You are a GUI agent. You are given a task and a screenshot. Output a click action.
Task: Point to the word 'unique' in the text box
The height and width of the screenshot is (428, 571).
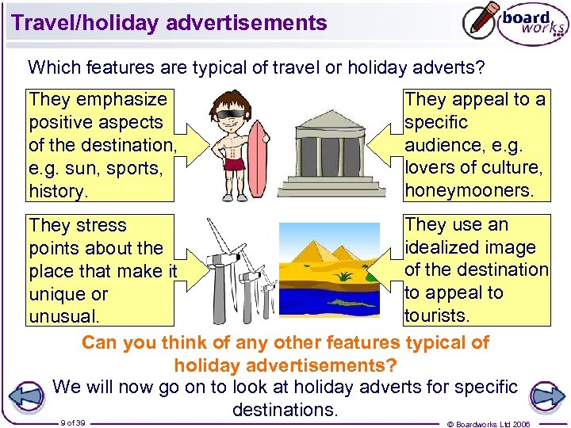pyautogui.click(x=56, y=294)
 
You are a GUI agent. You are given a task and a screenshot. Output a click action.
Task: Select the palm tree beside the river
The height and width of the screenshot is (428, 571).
pyautogui.click(x=344, y=277)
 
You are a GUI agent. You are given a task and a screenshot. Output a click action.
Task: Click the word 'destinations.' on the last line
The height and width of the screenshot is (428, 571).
pyautogui.click(x=285, y=410)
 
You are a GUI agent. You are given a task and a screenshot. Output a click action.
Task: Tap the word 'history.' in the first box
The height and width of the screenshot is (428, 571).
pyautogui.click(x=56, y=191)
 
